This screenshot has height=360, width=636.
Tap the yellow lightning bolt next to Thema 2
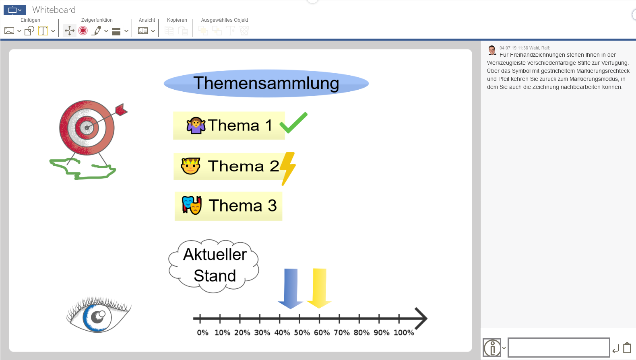[x=288, y=168]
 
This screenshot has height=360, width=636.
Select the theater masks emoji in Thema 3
[x=192, y=205]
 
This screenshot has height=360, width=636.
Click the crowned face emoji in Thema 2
[x=190, y=166]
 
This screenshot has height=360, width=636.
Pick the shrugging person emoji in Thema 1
[x=196, y=125]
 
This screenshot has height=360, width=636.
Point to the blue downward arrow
[x=291, y=288]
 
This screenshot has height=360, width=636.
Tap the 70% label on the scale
[x=342, y=333]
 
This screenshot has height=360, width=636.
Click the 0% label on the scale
[x=203, y=333]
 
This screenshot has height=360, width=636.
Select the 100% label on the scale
[x=404, y=333]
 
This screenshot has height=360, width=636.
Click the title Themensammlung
[x=266, y=83]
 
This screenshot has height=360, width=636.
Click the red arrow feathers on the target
[x=121, y=109]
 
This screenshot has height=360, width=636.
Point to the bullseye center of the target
[x=87, y=128]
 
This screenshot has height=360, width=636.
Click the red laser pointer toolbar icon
[x=83, y=31]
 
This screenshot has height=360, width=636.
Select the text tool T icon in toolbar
[x=43, y=31]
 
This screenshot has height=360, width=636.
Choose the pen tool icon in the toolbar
[x=97, y=31]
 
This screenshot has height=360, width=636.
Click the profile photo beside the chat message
[x=492, y=50]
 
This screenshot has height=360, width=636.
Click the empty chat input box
[x=558, y=347]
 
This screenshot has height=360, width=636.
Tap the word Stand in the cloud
[x=215, y=276]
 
